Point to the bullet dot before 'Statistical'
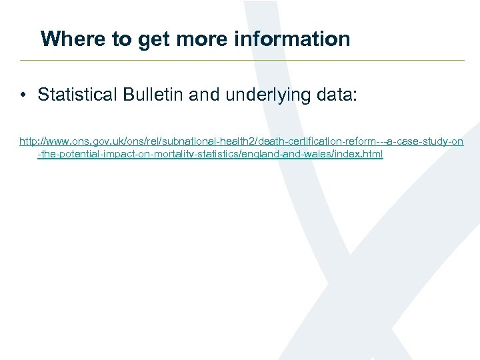pos(23,95)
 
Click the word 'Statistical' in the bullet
pos(78,95)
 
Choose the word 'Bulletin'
pos(153,95)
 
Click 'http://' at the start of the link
pos(30,141)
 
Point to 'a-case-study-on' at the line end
pos(425,141)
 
